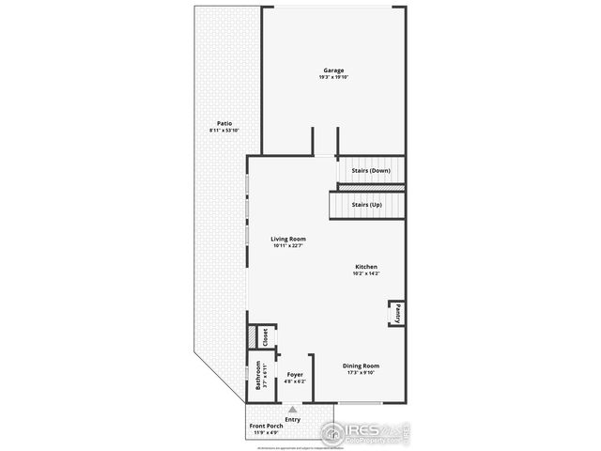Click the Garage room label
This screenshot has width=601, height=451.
[333, 70]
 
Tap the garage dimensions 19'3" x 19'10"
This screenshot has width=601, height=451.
[333, 77]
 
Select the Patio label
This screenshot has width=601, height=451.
[223, 123]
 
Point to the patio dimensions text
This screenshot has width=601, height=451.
[223, 130]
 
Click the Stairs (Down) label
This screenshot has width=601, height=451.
[371, 170]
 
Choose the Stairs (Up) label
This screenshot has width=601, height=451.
[366, 204]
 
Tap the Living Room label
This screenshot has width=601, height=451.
[289, 239]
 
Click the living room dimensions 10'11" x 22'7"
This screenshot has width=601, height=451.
[289, 245]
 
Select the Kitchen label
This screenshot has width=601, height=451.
[366, 266]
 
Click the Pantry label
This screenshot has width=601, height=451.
[398, 313]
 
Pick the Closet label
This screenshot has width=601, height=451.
[266, 336]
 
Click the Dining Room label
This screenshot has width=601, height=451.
[361, 365]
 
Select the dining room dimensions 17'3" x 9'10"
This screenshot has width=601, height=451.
[361, 372]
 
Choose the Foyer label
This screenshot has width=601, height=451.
[295, 375]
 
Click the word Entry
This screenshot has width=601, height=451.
[293, 419]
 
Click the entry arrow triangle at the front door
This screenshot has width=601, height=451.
[293, 410]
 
